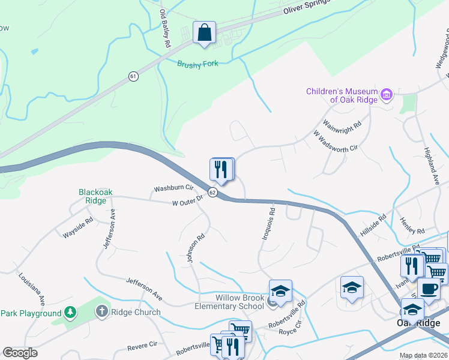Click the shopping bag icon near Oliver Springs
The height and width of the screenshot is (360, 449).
(204, 32)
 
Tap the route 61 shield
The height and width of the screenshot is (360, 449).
(133, 76)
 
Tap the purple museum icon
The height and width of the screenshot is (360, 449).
(387, 94)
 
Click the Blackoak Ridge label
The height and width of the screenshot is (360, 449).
(96, 197)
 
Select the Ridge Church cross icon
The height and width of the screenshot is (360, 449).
(101, 312)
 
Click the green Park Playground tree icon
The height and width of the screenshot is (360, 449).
(70, 313)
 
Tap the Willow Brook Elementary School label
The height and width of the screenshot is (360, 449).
(240, 302)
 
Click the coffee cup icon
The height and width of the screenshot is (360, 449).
(428, 289)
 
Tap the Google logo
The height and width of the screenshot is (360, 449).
(20, 353)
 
